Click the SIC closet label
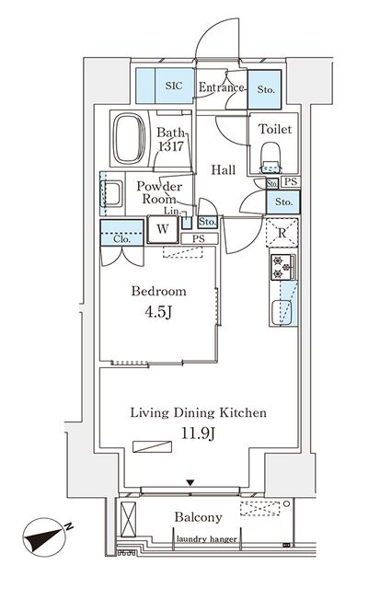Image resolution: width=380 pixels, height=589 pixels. coord(174,86)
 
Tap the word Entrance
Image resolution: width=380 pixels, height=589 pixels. coord(221,87)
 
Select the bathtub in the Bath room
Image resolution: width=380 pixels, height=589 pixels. coord(129,138)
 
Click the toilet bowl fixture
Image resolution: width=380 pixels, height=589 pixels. coord(271,156)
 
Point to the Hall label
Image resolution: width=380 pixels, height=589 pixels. coord(224,169)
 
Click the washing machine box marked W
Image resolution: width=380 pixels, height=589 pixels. coord(163,229)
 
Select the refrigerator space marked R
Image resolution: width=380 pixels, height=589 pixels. coord(282,233)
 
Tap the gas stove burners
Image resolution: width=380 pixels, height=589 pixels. coord(282,267)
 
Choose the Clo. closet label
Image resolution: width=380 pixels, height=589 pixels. coord(122,239)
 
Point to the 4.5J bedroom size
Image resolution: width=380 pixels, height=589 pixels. coord(158,312)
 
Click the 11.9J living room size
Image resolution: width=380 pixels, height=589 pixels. coord(198,433)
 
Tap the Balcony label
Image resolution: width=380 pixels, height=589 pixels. coord(198,517)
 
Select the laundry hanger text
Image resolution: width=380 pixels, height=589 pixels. coord(206,539)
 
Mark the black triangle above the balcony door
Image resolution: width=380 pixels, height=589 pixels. coord(190,482)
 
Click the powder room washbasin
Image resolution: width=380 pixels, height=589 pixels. coord(111,193)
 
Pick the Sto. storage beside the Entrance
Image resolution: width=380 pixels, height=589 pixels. coord(266,89)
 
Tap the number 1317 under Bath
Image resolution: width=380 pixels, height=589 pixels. coord(171,145)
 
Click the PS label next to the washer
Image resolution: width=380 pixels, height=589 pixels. coord(199,238)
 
